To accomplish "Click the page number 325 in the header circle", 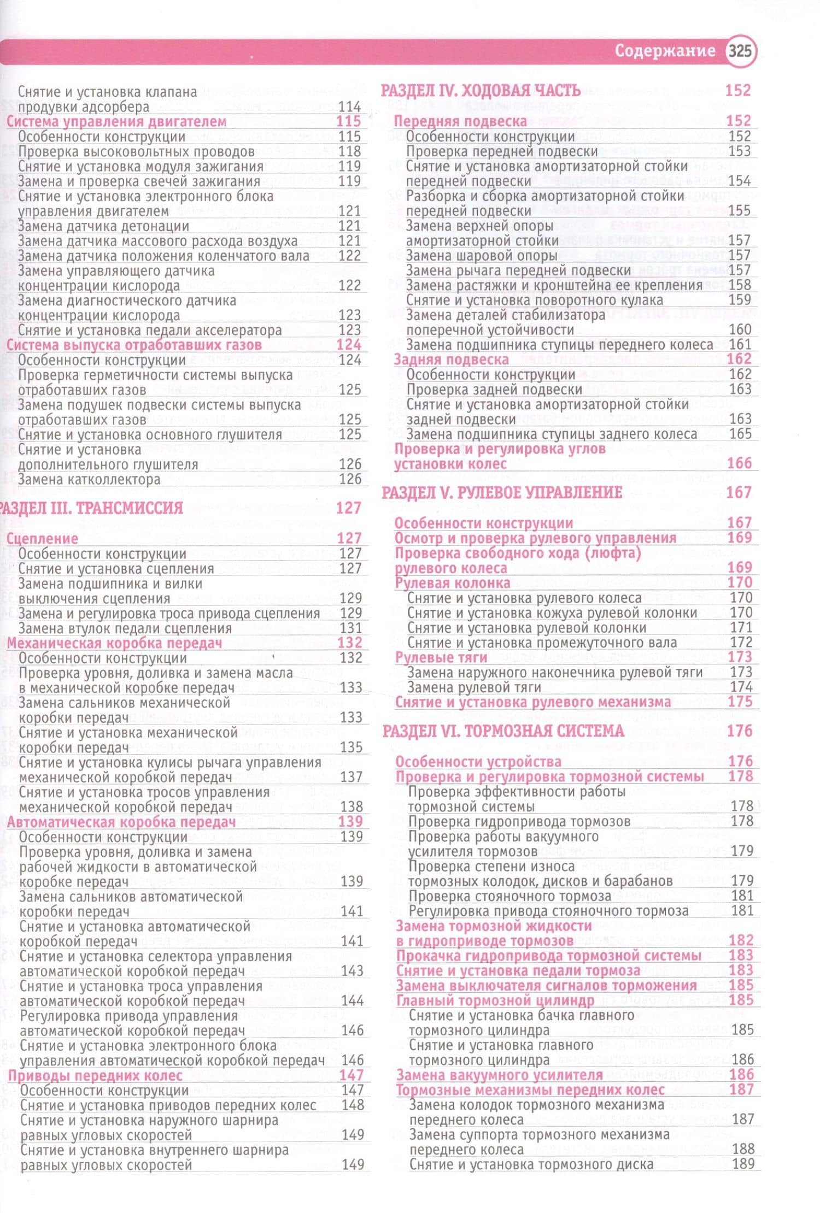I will coord(740,51).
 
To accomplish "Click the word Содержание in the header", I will coord(665,51).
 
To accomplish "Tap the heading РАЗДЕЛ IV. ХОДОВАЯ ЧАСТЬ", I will coord(481,91).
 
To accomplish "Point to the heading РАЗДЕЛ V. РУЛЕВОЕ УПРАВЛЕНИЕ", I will coord(502,492).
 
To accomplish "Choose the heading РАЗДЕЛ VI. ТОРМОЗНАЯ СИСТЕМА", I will coord(503,731).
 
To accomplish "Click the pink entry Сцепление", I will coord(43,539).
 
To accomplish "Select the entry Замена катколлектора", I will coord(89,479).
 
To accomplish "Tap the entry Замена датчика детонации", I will coord(103,226).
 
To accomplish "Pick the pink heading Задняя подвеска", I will coord(452,360).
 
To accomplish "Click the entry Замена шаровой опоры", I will coord(482,255).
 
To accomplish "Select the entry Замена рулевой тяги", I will coord(474,687).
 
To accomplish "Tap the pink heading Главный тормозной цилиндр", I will coord(495,1000).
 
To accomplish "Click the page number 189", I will coord(743,1163).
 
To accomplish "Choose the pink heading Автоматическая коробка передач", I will coord(121,822).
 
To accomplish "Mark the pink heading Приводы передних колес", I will coord(95,1075).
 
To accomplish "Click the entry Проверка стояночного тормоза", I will coord(509,896).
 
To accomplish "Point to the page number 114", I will coord(350,107).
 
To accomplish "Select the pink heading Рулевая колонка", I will coord(453,583).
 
